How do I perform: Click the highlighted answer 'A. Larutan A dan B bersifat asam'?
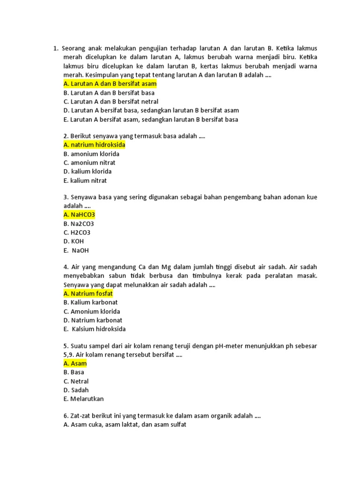pos(110,84)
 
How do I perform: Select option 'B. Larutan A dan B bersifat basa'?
pos(109,93)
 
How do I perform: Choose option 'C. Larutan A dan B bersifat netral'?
pos(111,102)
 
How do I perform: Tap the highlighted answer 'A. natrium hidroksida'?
pos(94,145)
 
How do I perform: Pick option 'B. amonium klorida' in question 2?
pos(91,154)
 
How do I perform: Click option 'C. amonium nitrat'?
pos(90,163)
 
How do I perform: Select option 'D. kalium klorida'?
pos(88,172)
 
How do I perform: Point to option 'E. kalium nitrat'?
pos(85,180)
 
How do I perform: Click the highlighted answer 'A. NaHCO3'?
pos(79,215)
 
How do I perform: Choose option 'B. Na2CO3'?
pos(79,224)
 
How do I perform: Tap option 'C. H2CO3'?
pos(77,232)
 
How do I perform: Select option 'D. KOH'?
pos(74,241)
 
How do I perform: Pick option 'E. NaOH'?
pos(76,250)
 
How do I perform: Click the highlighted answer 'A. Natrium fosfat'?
pos(88,293)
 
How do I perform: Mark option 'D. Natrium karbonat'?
pos(92,320)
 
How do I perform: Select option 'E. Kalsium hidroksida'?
pos(95,329)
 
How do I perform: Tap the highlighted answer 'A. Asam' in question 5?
pos(75,363)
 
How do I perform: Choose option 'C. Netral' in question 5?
pos(76,381)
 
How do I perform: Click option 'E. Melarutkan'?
pos(83,399)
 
